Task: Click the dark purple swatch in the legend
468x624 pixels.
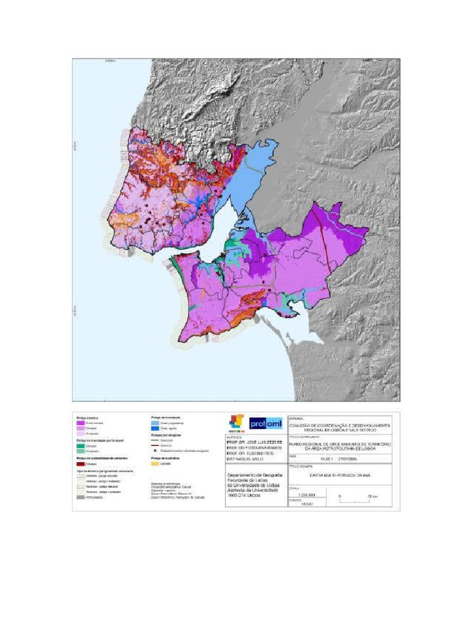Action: (80, 422)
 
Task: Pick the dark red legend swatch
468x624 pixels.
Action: (80, 464)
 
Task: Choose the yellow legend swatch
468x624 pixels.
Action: (155, 464)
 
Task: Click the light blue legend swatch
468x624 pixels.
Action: (155, 422)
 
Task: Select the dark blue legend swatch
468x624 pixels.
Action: (155, 428)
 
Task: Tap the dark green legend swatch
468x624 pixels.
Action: (80, 445)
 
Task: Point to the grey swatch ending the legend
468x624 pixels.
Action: (80, 498)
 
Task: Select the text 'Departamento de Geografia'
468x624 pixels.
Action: (249, 475)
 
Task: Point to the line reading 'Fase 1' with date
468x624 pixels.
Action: (344, 458)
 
